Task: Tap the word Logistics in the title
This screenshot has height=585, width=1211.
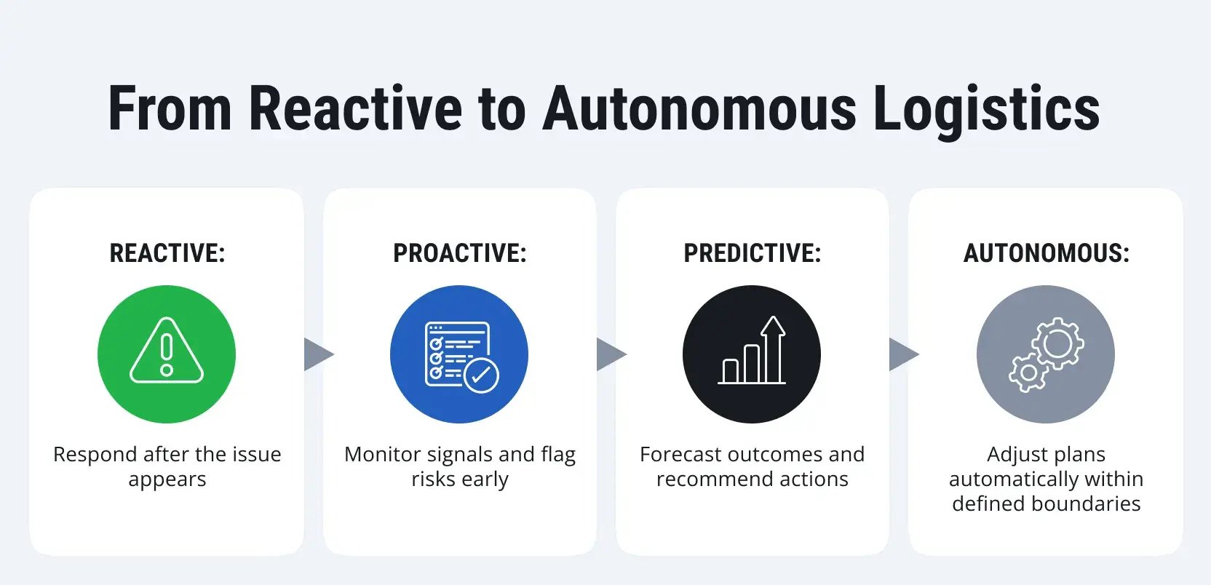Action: pyautogui.click(x=986, y=109)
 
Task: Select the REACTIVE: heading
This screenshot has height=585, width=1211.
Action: pyautogui.click(x=167, y=253)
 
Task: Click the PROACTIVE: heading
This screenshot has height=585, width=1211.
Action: pyautogui.click(x=460, y=253)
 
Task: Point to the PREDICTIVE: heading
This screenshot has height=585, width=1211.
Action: pyautogui.click(x=752, y=253)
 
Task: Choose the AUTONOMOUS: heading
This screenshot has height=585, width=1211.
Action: pyautogui.click(x=1046, y=253)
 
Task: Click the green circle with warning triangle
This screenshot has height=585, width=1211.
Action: pyautogui.click(x=167, y=354)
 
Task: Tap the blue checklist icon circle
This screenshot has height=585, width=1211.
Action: pyautogui.click(x=459, y=354)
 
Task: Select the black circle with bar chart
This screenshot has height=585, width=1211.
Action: pyautogui.click(x=752, y=354)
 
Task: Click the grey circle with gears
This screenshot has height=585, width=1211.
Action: pyautogui.click(x=1045, y=354)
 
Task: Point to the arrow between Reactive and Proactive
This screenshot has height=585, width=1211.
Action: pyautogui.click(x=317, y=354)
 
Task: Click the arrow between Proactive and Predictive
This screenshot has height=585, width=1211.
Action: pyautogui.click(x=610, y=354)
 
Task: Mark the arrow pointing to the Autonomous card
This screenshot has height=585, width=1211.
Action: pyautogui.click(x=902, y=354)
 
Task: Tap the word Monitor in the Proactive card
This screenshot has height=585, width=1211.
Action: pyautogui.click(x=382, y=455)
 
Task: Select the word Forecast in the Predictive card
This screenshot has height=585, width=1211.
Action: pyautogui.click(x=682, y=455)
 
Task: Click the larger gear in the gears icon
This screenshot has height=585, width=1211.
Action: pyautogui.click(x=1058, y=341)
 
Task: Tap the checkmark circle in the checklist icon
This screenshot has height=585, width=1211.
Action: pyautogui.click(x=481, y=375)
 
